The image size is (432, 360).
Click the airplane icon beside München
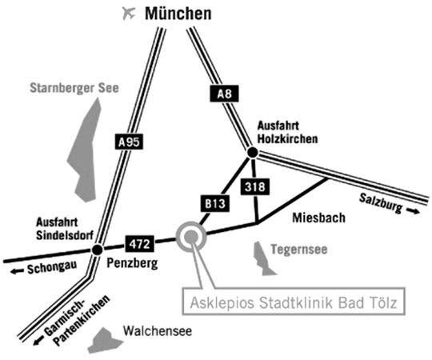129,13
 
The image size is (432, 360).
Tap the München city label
178,14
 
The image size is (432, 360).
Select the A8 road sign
224,94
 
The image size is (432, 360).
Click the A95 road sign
129,142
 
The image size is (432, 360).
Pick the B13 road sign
215,203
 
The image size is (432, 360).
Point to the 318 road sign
255,186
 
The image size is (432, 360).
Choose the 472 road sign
140,244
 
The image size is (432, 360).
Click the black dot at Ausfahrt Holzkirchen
252,152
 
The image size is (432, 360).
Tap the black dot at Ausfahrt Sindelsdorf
98,250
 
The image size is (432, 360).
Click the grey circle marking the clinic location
191,237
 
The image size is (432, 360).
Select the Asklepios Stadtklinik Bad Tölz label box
294,301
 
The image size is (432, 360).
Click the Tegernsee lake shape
262,259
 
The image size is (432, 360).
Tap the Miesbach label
318,218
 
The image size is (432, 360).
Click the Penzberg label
132,263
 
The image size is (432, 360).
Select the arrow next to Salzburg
414,211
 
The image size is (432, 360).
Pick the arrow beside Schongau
17,271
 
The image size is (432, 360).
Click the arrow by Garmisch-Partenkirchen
38,341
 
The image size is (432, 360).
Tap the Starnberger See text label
74,88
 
